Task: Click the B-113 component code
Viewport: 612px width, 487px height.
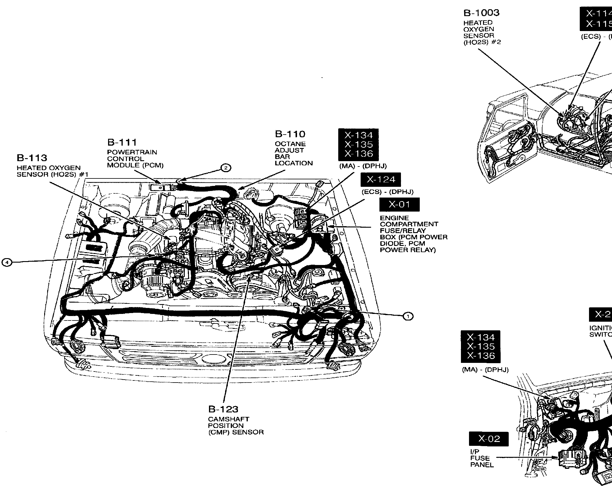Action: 32,158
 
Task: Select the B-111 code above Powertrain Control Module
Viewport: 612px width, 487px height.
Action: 122,142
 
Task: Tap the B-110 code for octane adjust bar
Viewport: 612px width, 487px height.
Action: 290,134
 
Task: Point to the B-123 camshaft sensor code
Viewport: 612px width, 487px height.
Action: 223,409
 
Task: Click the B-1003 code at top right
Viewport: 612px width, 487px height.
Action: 481,13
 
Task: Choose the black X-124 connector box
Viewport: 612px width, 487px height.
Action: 381,180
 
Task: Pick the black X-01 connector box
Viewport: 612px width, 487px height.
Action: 399,205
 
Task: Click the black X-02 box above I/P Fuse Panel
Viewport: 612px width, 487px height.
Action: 489,439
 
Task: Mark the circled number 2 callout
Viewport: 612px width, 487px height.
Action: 226,168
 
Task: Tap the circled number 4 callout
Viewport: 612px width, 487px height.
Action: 7,262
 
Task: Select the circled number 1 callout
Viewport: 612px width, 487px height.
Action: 408,316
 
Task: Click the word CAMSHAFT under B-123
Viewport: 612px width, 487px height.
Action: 228,419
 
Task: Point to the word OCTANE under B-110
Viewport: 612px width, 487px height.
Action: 290,144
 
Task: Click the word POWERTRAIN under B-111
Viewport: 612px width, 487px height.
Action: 132,152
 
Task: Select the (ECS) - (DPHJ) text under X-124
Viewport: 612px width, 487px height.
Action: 388,192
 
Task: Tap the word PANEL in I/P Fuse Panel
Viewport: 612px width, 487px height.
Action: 482,465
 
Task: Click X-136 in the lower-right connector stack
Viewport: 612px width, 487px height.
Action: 480,356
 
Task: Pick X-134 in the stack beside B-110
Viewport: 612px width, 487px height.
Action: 358,135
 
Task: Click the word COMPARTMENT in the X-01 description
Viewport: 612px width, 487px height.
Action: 409,224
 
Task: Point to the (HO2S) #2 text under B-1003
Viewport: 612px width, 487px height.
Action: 482,42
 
